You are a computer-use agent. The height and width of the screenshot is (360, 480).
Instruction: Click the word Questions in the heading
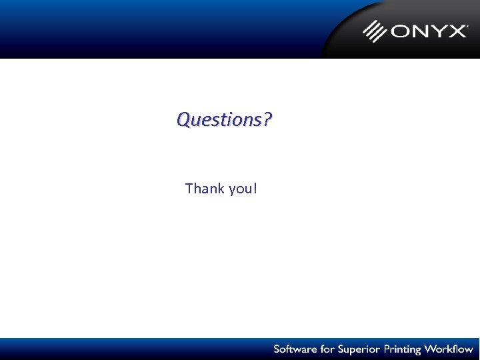219,120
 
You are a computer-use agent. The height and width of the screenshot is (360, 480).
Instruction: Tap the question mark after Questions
267,120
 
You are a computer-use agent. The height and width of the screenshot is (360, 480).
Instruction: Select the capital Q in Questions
183,120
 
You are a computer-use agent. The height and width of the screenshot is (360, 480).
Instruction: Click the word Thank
205,189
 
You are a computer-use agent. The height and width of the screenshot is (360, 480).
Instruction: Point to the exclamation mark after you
255,189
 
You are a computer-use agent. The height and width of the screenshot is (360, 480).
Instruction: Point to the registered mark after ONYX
467,25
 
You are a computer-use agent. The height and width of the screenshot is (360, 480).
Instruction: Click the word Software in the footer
294,349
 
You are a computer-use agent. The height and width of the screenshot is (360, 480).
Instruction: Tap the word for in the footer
325,349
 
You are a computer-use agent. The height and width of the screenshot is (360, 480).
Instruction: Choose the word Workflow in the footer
449,349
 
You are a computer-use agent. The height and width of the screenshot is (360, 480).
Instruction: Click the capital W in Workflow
431,349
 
